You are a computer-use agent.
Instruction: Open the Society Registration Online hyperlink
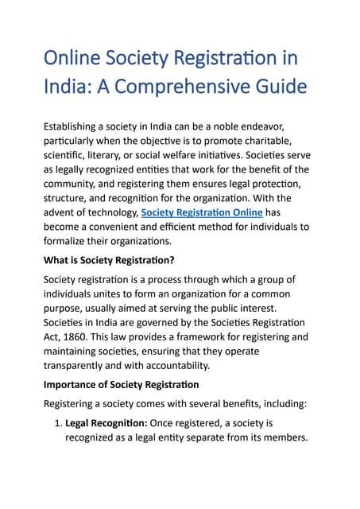(x=201, y=212)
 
